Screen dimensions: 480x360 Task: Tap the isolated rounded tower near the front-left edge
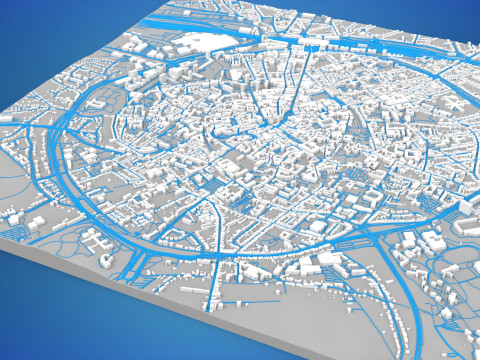(x=108, y=258)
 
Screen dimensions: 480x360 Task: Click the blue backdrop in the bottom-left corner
(x=40, y=320)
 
